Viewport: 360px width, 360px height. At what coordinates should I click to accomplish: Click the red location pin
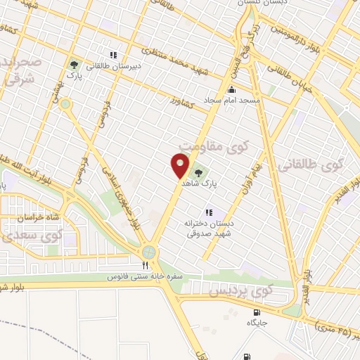coord(180,166)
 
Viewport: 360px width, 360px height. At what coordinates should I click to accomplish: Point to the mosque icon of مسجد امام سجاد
coord(232,89)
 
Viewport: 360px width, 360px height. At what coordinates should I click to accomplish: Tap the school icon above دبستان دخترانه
coord(208,212)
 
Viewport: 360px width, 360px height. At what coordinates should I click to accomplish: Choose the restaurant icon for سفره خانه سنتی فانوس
coord(146,266)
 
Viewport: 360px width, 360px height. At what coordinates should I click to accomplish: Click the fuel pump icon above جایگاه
coord(256,312)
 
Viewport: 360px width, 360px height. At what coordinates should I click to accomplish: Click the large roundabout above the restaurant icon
coord(149,251)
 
